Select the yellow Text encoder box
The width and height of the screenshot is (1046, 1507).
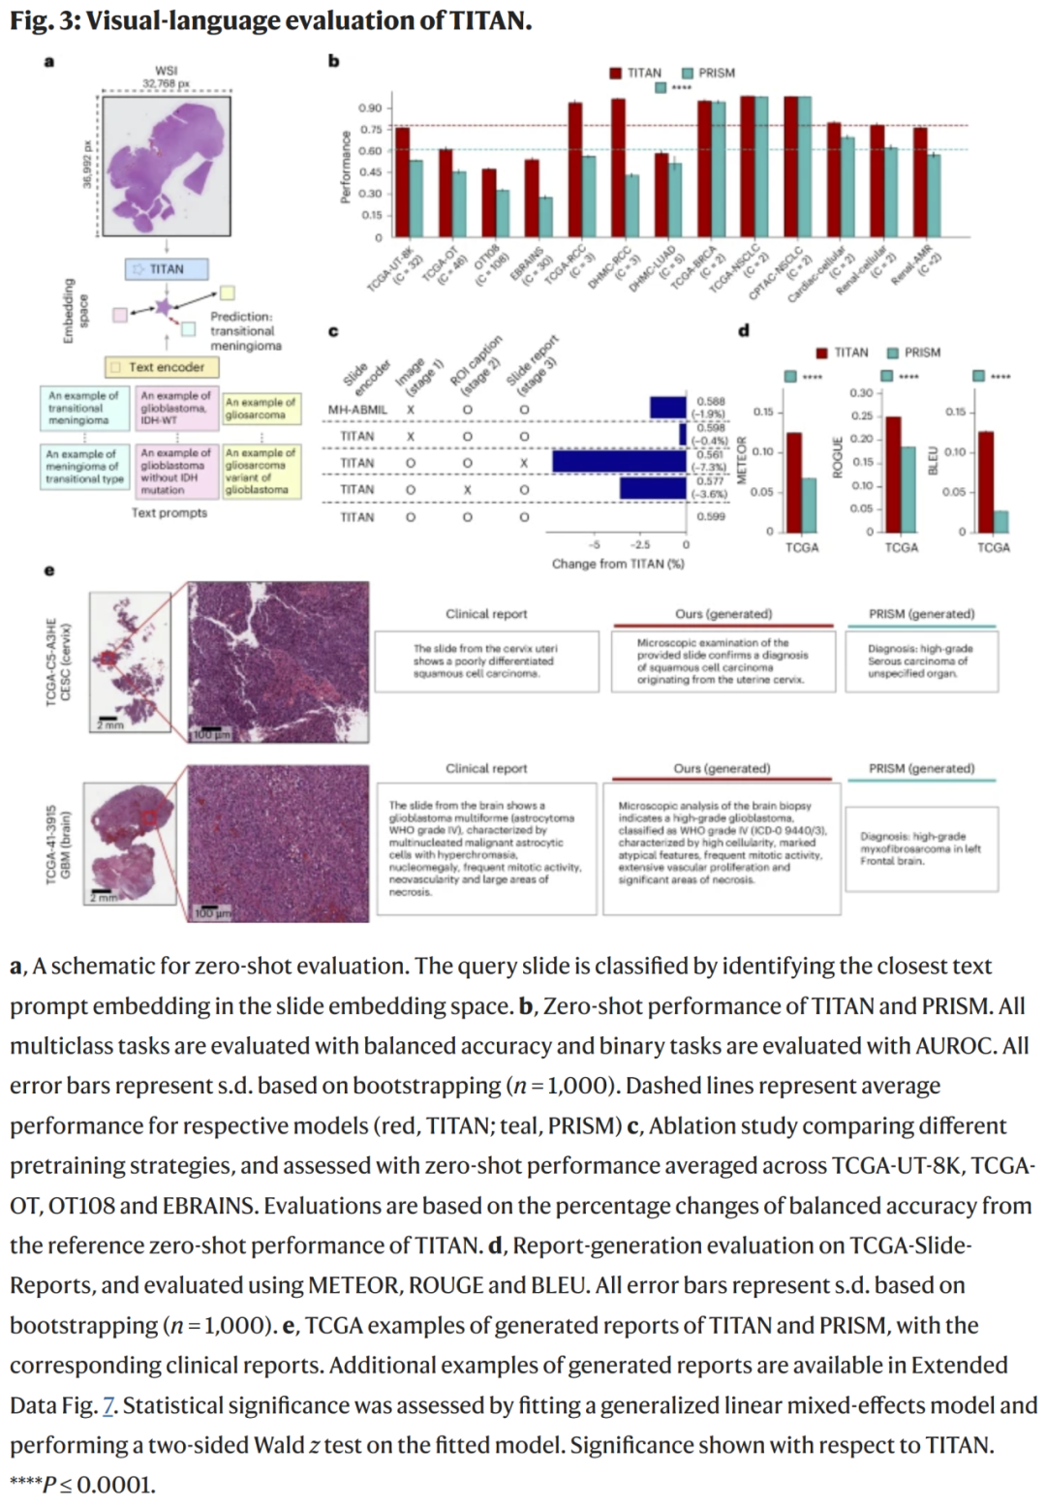click(x=162, y=367)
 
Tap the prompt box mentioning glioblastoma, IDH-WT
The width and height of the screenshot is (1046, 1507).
click(x=175, y=408)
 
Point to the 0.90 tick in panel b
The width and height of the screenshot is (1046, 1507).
click(x=370, y=108)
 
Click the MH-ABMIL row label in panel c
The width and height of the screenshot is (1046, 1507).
click(x=356, y=410)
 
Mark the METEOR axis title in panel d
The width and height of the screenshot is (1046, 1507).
click(x=742, y=459)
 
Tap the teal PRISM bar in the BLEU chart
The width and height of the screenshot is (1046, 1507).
click(x=1000, y=521)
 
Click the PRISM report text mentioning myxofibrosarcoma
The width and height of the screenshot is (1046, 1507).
click(x=920, y=848)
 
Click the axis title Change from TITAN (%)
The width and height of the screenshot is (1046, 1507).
click(x=618, y=564)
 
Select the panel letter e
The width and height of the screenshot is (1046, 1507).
click(x=49, y=569)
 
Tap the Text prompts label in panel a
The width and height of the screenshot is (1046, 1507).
click(x=169, y=512)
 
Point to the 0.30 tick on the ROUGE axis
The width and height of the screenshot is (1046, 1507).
click(x=861, y=393)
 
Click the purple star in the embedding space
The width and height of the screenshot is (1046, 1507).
click(x=165, y=308)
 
